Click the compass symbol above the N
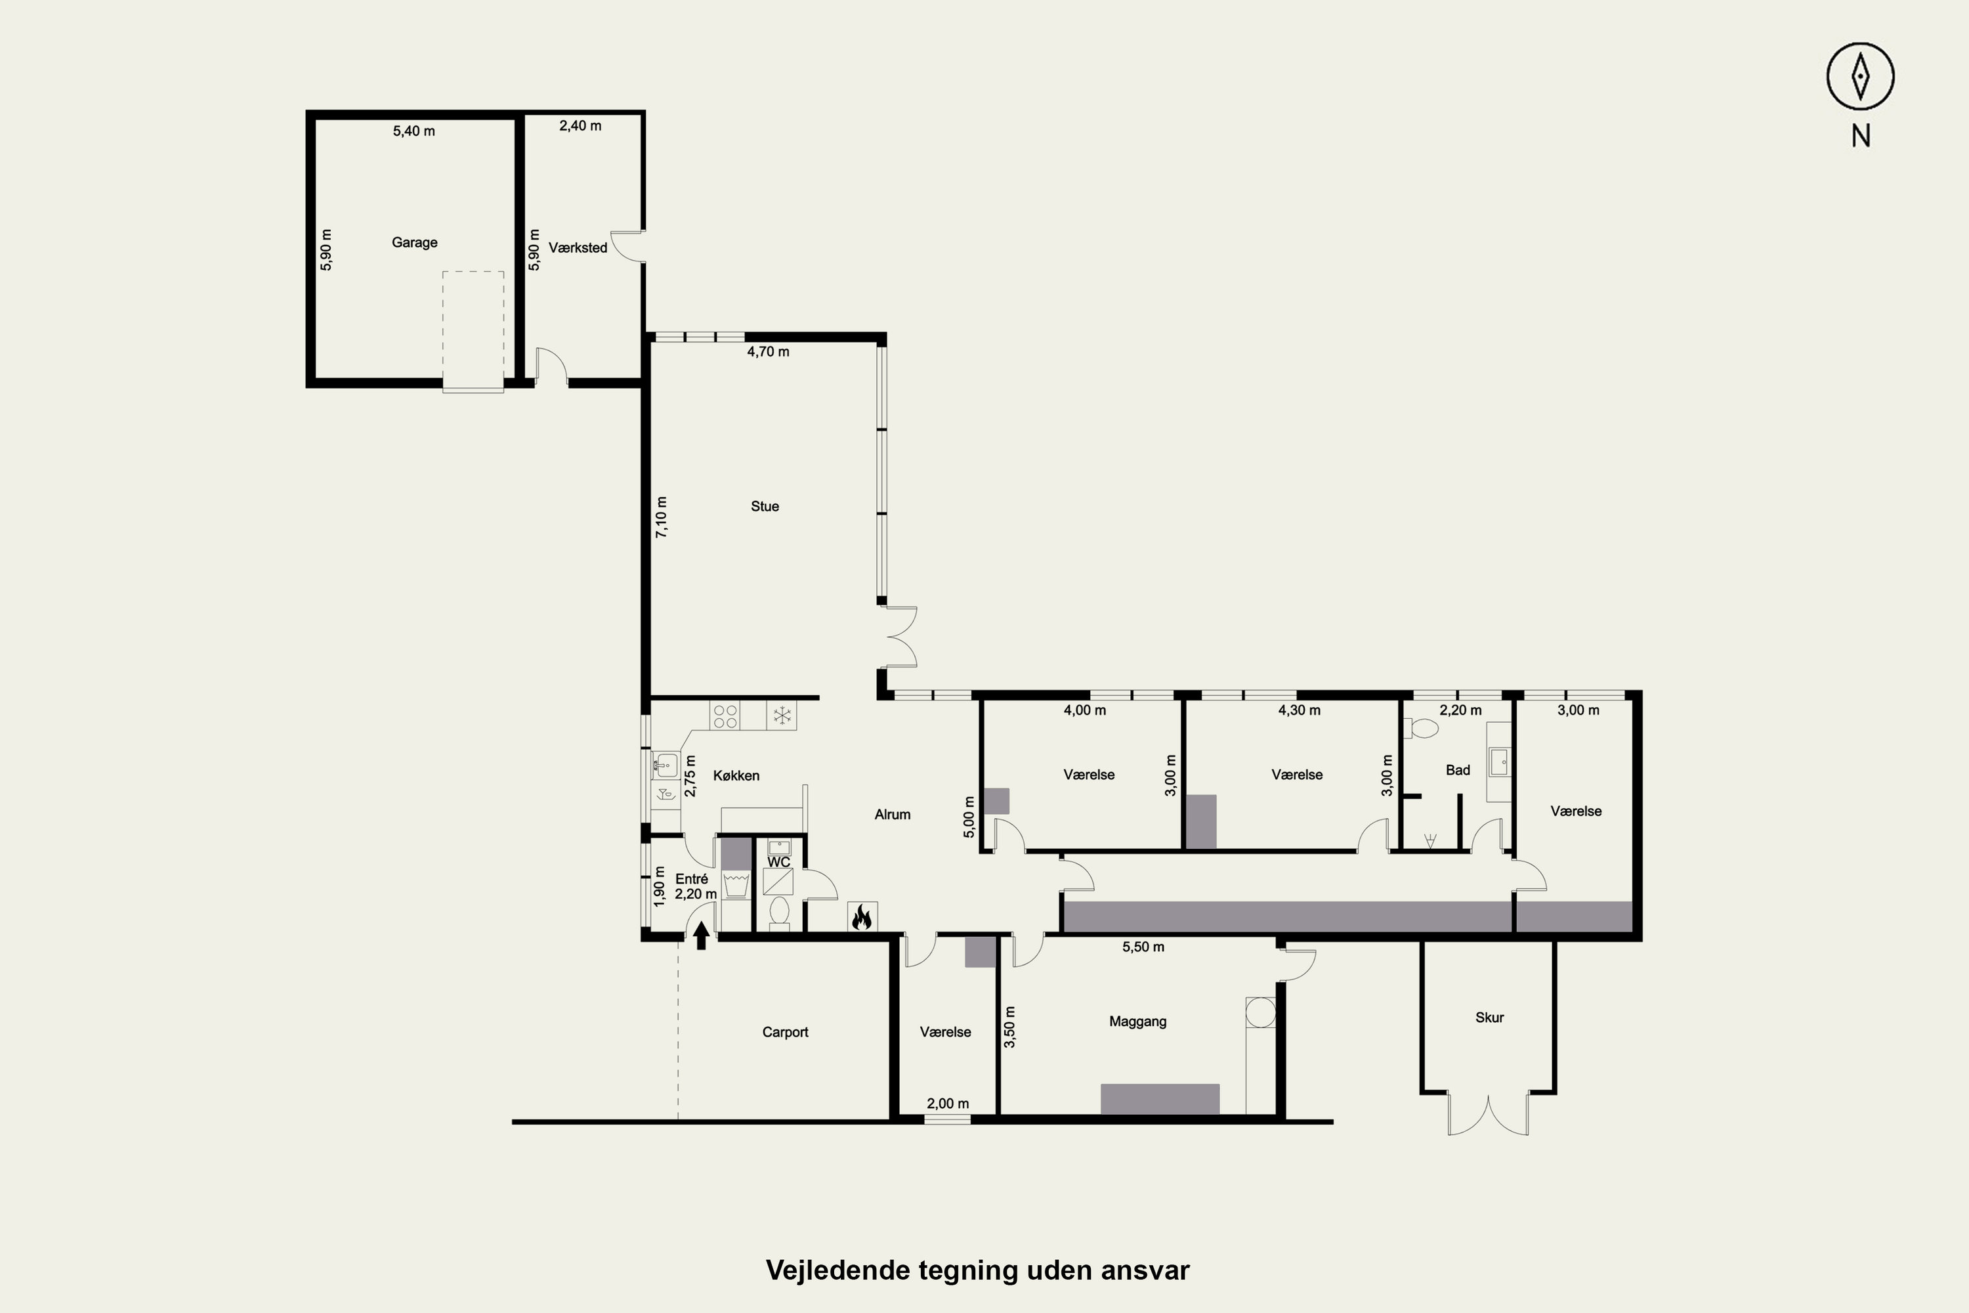pyautogui.click(x=1860, y=76)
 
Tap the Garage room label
pyautogui.click(x=414, y=243)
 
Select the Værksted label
pyautogui.click(x=578, y=248)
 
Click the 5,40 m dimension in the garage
pyautogui.click(x=413, y=131)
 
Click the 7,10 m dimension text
pyautogui.click(x=662, y=517)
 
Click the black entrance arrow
pyautogui.click(x=702, y=936)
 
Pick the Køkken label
pyautogui.click(x=736, y=776)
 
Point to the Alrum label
pyautogui.click(x=893, y=815)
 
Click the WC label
pyautogui.click(x=778, y=863)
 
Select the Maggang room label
pyautogui.click(x=1137, y=1022)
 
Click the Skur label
pyautogui.click(x=1489, y=1018)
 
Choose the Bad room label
pyautogui.click(x=1458, y=770)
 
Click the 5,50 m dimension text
pyautogui.click(x=1143, y=947)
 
